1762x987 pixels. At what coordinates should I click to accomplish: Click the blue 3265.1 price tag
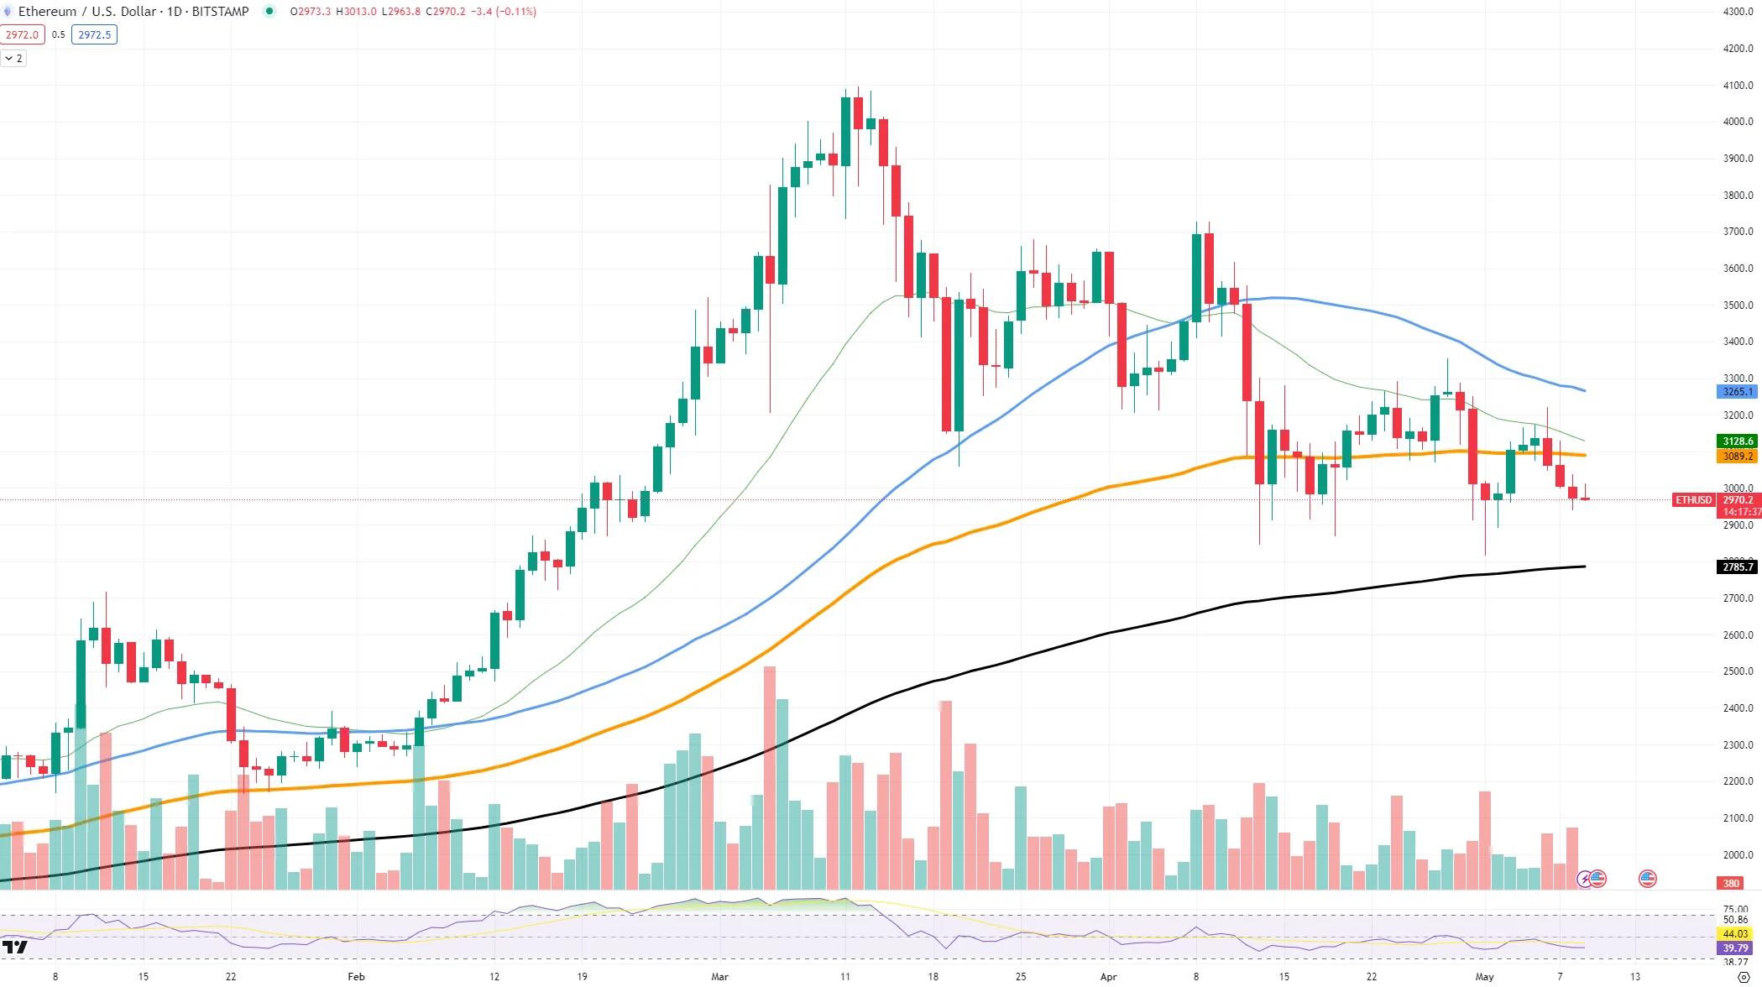1737,392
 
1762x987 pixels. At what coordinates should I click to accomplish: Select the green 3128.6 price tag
1737,441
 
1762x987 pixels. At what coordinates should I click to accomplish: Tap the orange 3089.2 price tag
1737,457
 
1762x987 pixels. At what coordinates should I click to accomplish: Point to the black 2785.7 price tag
1737,567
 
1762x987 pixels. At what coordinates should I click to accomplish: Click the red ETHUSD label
1693,500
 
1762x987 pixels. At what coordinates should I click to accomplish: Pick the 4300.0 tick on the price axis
1737,12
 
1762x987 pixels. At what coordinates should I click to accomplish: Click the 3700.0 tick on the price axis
1737,232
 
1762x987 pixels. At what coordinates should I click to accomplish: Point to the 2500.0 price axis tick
1737,671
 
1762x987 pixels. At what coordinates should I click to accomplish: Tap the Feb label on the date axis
356,976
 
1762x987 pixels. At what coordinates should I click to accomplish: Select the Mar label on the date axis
719,976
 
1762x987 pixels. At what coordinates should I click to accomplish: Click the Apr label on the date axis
1108,976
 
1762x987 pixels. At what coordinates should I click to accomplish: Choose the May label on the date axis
1484,976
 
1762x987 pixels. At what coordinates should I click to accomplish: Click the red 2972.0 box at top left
22,35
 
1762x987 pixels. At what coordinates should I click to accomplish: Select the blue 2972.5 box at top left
94,35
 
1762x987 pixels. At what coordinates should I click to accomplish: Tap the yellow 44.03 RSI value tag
1734,934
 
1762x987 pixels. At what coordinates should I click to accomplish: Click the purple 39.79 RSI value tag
1734,948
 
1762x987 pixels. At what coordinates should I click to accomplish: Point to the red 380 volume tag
1731,884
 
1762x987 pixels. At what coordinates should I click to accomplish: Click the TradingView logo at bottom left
14,948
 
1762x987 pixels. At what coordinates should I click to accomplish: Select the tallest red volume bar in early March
769,777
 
